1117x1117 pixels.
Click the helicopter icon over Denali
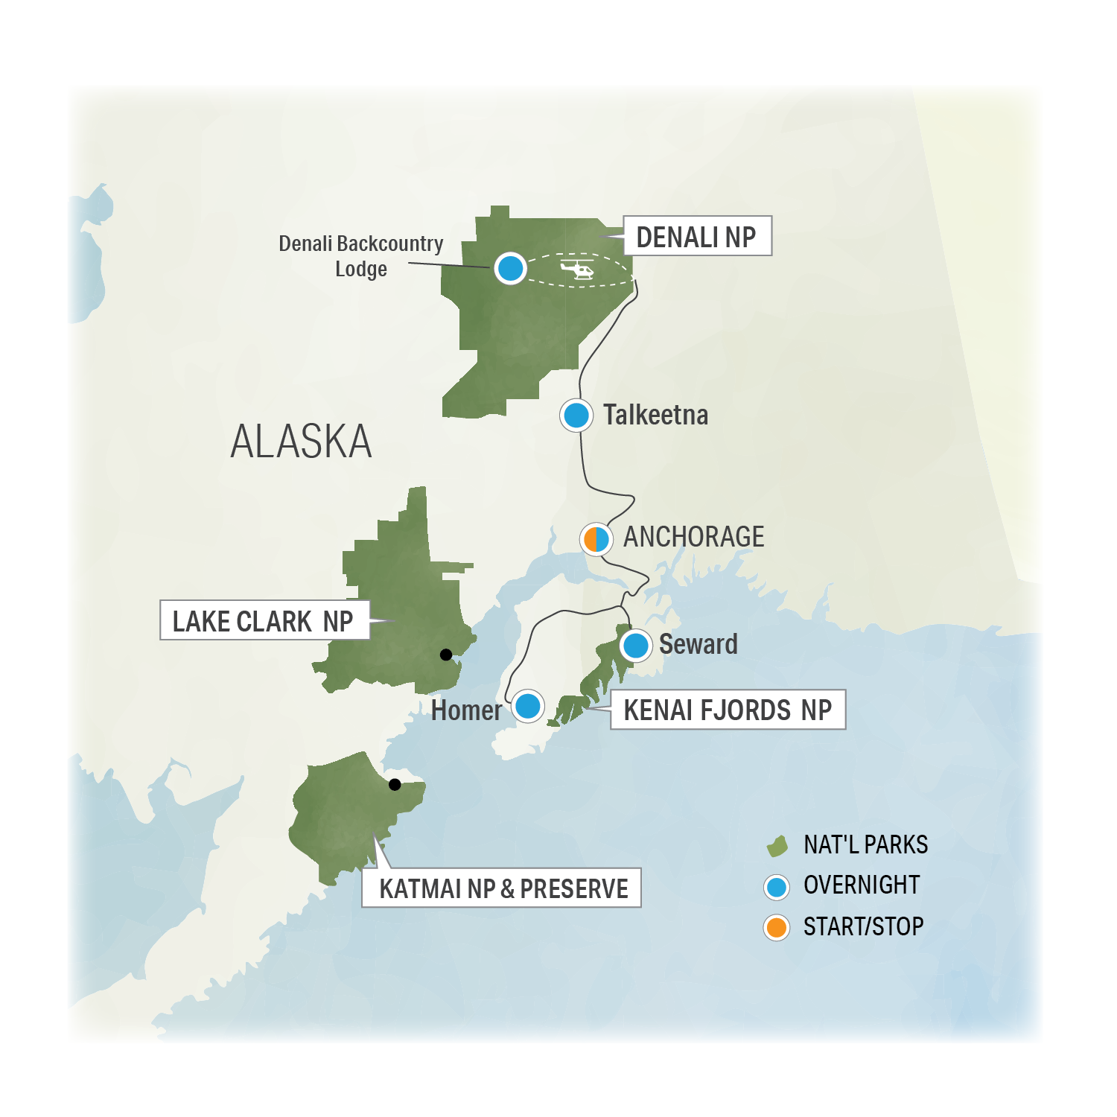577,269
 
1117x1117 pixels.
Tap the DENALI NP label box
696,236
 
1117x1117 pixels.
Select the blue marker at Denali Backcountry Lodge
511,268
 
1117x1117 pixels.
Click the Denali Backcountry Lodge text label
360,255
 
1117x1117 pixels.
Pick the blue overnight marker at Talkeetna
576,415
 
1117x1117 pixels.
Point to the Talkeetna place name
655,415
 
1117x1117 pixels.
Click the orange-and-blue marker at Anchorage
596,538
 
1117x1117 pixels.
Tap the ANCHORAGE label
693,537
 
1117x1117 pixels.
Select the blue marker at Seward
636,645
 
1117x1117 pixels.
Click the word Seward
698,644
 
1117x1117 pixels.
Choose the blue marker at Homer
528,706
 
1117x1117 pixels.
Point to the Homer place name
466,710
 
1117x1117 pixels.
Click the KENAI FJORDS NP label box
728,710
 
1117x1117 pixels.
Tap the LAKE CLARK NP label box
264,620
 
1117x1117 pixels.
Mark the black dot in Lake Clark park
446,655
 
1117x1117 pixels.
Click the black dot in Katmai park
395,784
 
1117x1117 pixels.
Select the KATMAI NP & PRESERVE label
503,888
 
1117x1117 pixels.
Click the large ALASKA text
301,442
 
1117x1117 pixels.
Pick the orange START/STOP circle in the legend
777,928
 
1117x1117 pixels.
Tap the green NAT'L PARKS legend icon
777,846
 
